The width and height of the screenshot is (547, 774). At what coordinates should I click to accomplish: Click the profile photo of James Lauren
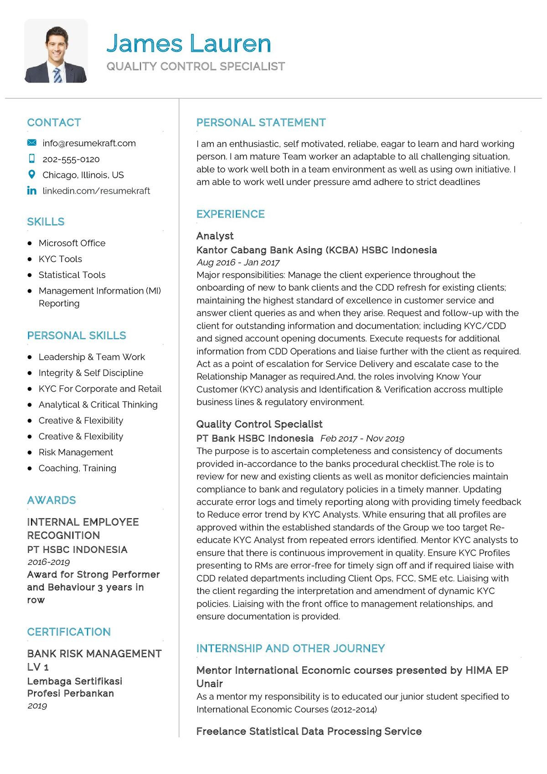coord(56,51)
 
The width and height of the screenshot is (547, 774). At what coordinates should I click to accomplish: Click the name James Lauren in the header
coord(189,43)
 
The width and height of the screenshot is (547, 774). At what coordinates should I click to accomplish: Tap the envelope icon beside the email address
coord(31,143)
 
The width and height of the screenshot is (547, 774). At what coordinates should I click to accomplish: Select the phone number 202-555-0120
coord(71,159)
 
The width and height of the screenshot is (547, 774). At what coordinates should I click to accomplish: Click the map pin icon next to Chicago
coord(31,175)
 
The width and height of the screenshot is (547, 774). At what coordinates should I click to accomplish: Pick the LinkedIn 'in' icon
coord(31,191)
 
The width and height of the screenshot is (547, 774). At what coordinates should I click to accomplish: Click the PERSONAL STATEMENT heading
coord(261,123)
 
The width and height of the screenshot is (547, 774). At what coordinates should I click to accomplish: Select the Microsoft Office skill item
coord(72,243)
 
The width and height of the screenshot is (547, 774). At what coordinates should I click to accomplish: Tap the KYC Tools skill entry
coord(60,259)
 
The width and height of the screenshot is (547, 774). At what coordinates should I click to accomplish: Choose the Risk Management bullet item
coord(76,452)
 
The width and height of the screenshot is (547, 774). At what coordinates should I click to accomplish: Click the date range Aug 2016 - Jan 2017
coord(238,263)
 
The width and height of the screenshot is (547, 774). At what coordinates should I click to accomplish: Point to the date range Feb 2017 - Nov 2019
coord(362,439)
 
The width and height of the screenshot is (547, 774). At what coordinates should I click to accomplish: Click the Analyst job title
coord(215,236)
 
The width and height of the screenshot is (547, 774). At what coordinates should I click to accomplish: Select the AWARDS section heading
coord(52,500)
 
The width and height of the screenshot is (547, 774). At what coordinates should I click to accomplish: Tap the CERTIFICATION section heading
coord(69,632)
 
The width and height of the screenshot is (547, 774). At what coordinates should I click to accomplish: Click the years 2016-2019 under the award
coord(48,562)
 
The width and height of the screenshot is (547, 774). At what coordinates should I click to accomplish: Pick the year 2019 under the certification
coord(37,706)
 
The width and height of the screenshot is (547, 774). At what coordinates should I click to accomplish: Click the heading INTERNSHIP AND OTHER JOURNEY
coord(290,648)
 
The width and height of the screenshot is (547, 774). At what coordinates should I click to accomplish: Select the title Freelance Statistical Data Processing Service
coord(309,731)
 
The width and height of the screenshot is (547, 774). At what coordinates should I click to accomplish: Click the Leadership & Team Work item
coord(92,357)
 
